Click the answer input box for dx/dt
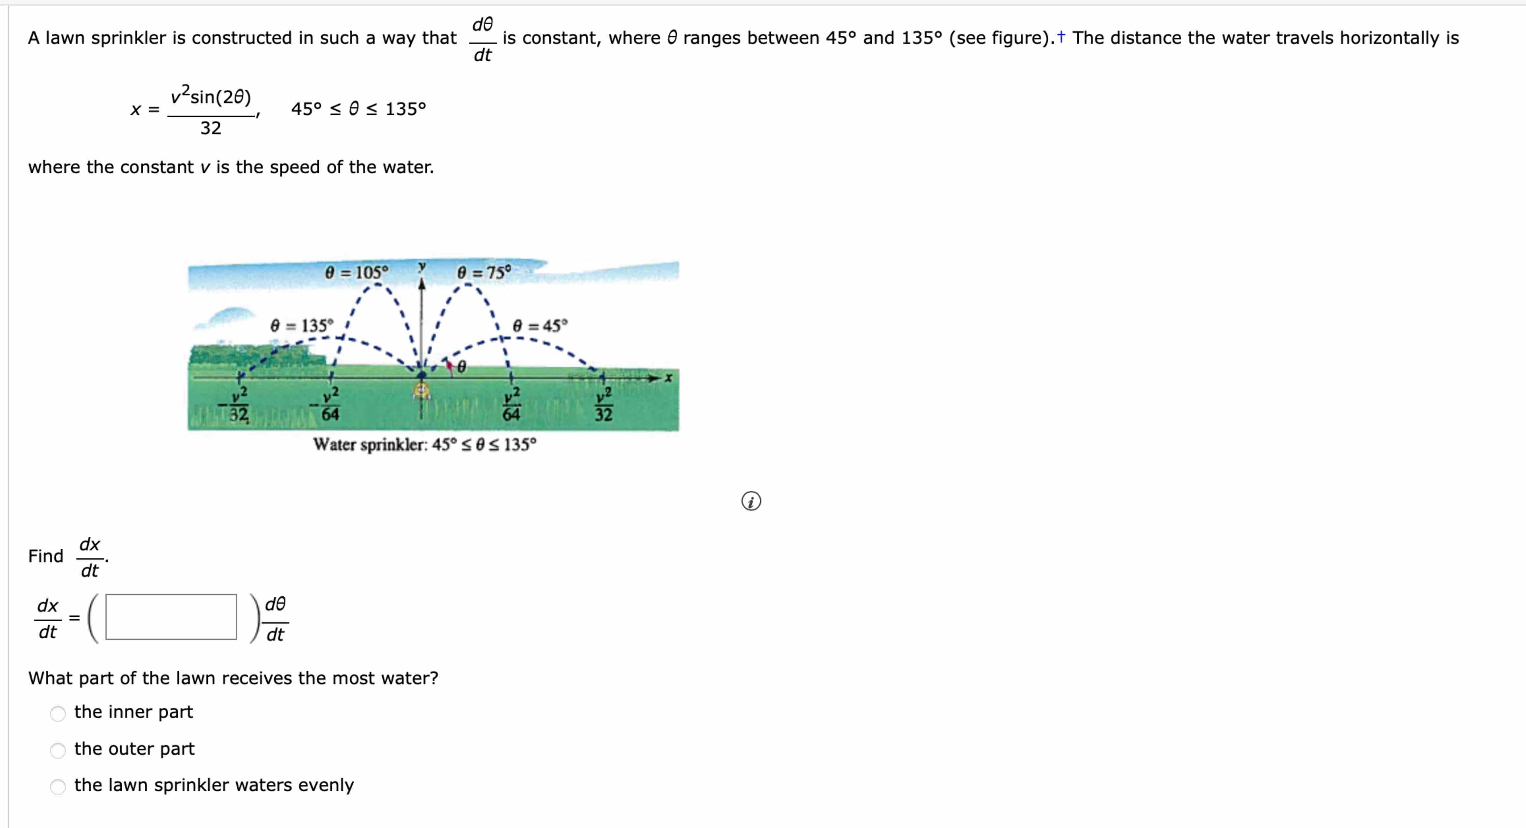coord(171,617)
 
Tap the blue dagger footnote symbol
coord(1061,37)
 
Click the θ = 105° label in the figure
coord(357,273)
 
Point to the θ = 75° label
coord(484,273)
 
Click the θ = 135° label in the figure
coord(302,325)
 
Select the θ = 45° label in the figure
coord(540,325)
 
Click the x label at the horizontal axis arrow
coord(669,378)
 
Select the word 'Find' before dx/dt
coord(45,556)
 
